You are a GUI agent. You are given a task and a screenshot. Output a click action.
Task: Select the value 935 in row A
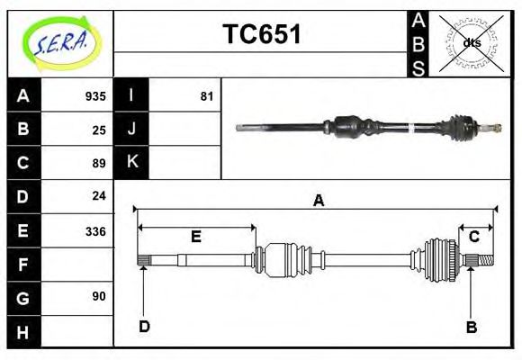[95, 96]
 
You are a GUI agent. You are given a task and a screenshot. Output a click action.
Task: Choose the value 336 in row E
[95, 231]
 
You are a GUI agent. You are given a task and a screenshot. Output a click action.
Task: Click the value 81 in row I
[206, 96]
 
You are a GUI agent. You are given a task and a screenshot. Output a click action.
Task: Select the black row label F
[22, 265]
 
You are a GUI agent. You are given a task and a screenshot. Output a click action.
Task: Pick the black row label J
[131, 129]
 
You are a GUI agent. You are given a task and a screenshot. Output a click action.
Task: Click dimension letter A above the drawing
[318, 201]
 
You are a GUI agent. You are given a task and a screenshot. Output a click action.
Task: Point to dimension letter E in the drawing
[195, 238]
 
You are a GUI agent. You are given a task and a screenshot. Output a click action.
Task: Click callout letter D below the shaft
[144, 327]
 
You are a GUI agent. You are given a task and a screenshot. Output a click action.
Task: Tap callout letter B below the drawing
[471, 328]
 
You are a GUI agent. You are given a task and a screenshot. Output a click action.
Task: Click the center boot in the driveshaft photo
[352, 126]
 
